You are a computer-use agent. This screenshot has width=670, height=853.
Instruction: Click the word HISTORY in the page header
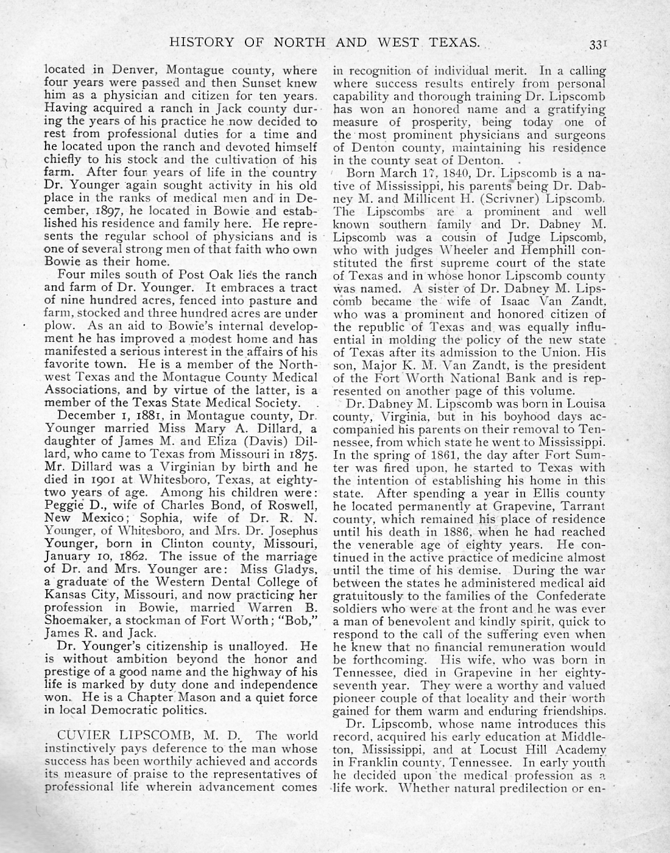[201, 42]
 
